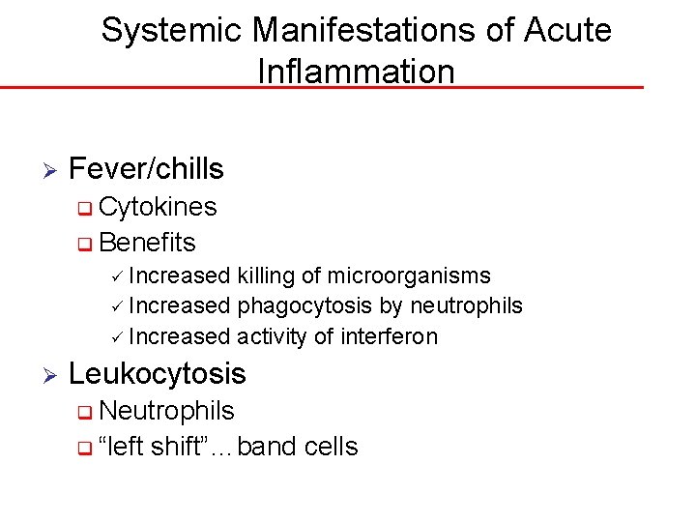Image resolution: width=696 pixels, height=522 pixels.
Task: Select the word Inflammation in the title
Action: coord(356,72)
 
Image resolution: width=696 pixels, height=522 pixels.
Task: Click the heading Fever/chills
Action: coord(146,169)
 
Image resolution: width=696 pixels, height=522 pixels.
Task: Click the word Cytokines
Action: coord(158,207)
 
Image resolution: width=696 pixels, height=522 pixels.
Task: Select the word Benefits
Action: coord(147,242)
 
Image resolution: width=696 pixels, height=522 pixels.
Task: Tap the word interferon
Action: coord(391,336)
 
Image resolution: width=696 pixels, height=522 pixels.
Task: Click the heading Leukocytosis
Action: coord(158,374)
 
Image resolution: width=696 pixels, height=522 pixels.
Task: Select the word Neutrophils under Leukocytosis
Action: coord(166,411)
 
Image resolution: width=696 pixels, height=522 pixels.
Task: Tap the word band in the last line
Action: coord(267,447)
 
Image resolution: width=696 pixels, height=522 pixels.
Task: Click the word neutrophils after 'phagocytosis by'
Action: coord(467,306)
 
